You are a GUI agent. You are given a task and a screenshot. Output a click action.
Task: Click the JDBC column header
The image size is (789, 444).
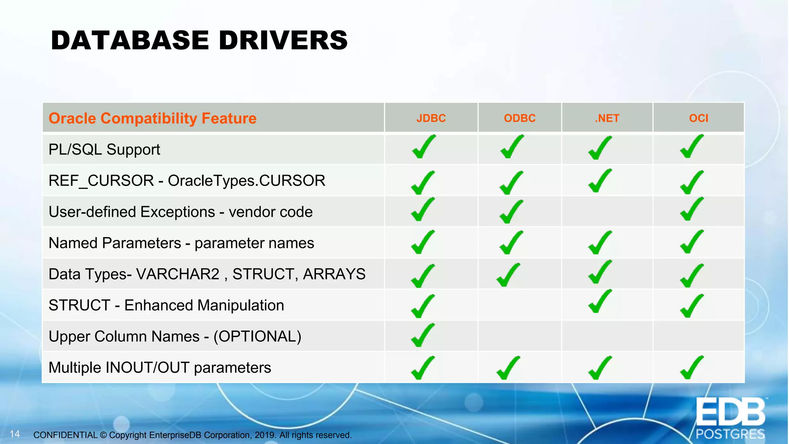(431, 118)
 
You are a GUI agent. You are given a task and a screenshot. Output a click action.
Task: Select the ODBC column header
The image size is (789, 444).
(519, 118)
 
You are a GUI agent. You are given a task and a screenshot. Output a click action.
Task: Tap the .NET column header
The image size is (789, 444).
(607, 118)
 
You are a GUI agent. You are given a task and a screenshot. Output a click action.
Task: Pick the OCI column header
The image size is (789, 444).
(698, 118)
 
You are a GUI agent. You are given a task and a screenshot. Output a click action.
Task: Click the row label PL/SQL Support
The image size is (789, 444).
(104, 150)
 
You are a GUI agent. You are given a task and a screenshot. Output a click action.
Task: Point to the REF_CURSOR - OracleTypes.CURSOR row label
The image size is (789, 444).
(187, 180)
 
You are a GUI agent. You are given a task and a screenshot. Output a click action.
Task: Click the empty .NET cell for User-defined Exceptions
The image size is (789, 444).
(607, 212)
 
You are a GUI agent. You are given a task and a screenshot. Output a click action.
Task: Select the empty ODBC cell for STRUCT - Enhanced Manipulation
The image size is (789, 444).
(519, 305)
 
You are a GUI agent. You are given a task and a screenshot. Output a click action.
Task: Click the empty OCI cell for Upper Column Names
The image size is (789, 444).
(698, 336)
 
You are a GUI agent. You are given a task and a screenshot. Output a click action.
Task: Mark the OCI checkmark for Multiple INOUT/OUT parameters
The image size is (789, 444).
(692, 368)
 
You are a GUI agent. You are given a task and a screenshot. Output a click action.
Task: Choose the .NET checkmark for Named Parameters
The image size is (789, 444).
(600, 243)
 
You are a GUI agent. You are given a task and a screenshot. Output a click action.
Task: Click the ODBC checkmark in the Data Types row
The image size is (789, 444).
(509, 274)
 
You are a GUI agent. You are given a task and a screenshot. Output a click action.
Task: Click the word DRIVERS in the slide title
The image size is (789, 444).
(283, 40)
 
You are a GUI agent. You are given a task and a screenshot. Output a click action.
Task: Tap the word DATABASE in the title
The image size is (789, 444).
(130, 40)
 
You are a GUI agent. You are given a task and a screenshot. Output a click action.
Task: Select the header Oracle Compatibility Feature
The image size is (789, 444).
(152, 118)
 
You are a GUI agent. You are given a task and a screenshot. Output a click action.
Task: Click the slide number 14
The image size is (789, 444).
(15, 434)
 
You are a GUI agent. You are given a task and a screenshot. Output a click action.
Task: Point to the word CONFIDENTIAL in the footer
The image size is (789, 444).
(65, 435)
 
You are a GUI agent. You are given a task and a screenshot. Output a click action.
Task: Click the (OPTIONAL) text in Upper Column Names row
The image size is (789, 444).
(257, 336)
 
